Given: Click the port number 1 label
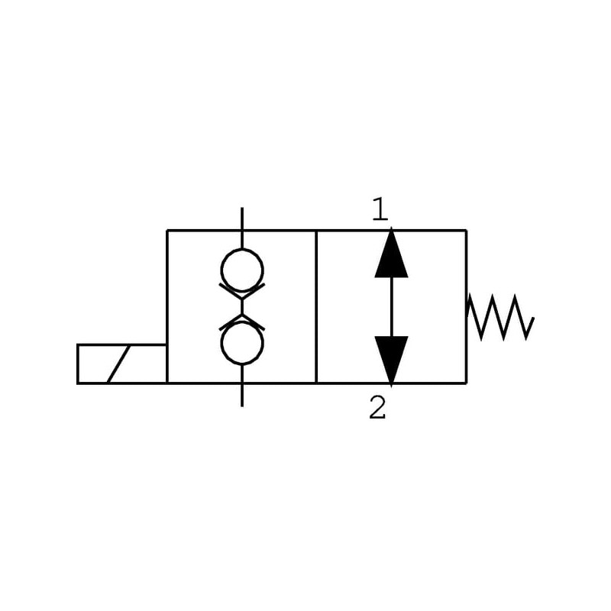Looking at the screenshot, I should (380, 209).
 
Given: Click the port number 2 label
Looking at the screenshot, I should (377, 409).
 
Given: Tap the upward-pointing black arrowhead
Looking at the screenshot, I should (391, 254).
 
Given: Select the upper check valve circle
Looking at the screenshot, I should (242, 270).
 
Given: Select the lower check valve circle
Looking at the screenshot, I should (242, 343).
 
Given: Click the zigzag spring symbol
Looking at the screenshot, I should (499, 318).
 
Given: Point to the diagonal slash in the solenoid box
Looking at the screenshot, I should (118, 364).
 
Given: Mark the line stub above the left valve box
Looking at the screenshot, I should (242, 218).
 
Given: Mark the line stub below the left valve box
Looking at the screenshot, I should (242, 394).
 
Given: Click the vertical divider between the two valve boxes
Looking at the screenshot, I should (316, 305).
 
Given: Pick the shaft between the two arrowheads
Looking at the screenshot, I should (391, 306).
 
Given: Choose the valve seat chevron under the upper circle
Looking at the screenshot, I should (242, 291).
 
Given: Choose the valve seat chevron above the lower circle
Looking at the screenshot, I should (242, 322).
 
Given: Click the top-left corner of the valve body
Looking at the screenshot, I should (167, 230).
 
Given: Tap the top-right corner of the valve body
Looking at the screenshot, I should (466, 230).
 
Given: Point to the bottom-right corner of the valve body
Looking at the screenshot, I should (466, 383).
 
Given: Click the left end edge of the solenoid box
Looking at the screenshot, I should (78, 364).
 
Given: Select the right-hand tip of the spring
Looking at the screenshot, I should (532, 318).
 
